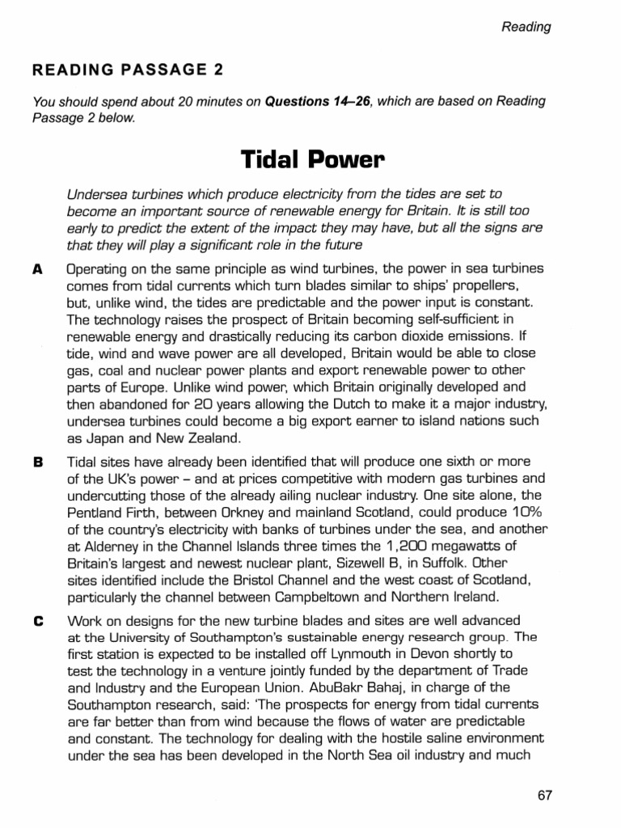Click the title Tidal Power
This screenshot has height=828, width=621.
[310, 161]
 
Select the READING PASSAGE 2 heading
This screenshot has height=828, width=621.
[127, 70]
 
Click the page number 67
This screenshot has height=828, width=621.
[544, 795]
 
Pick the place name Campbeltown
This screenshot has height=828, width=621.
[331, 599]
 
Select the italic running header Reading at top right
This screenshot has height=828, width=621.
[526, 27]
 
